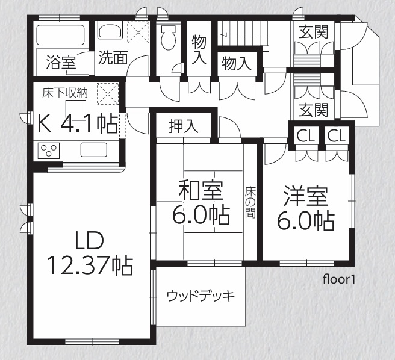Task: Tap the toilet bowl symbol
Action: click(168, 37)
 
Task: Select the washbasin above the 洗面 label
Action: click(110, 31)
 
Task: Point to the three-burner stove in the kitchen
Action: click(49, 151)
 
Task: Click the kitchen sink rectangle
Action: click(94, 150)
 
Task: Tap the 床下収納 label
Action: click(65, 93)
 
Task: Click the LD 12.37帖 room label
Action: click(90, 253)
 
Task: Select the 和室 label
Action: click(201, 190)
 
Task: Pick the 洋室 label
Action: click(306, 196)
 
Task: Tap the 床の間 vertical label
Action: click(250, 202)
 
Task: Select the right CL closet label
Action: click(337, 136)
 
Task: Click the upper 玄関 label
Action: click(314, 32)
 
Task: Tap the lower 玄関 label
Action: click(314, 110)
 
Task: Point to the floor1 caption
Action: click(339, 279)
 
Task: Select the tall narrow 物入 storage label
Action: click(199, 50)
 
